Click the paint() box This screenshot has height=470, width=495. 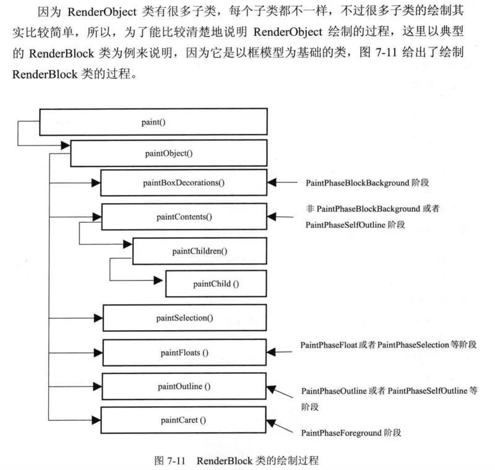click(153, 122)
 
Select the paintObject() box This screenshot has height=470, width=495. click(168, 152)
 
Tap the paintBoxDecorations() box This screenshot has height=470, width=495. click(184, 183)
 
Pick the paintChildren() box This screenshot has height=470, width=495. click(199, 251)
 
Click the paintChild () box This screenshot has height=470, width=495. click(215, 284)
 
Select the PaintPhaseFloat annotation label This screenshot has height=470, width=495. click(329, 344)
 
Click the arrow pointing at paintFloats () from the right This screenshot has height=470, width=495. click(282, 352)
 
